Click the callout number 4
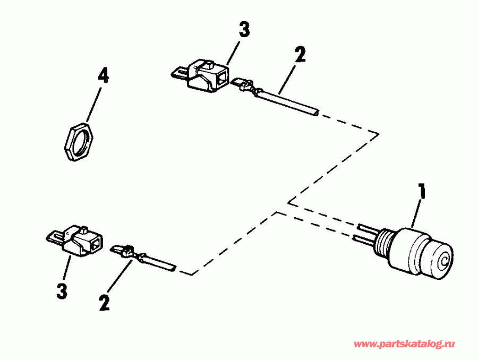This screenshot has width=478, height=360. coord(103,76)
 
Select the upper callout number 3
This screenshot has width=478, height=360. coord(244,30)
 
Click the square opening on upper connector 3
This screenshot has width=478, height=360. coord(220,81)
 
